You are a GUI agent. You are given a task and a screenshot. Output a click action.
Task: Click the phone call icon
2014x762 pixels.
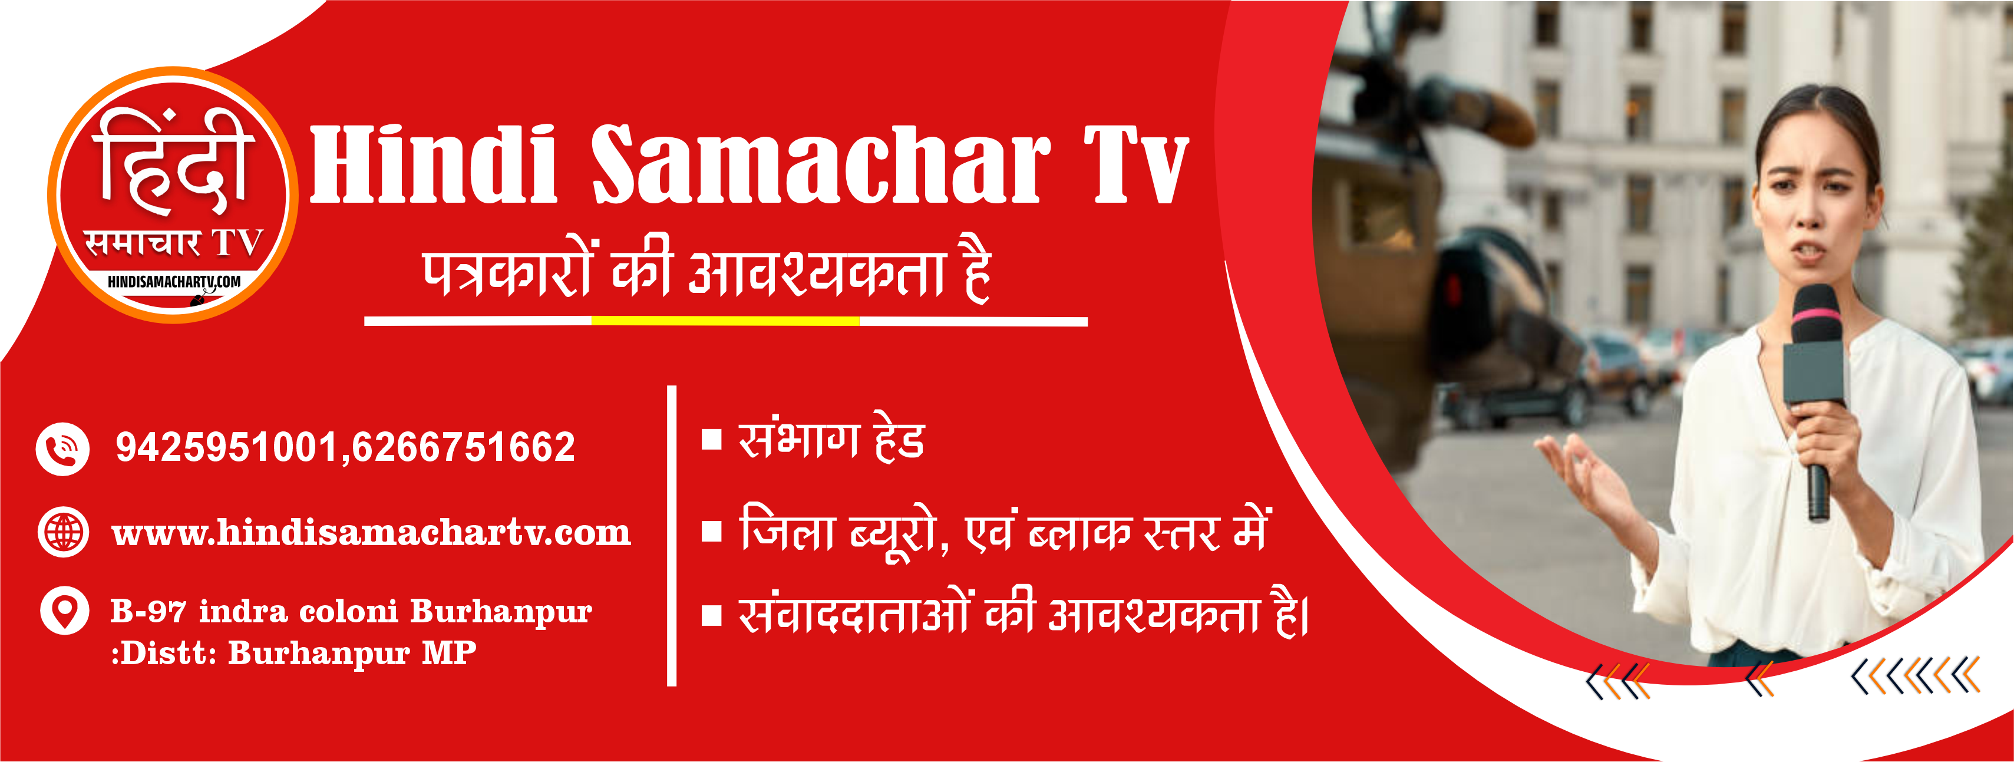(x=63, y=449)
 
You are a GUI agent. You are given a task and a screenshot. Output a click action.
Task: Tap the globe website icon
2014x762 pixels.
(x=63, y=533)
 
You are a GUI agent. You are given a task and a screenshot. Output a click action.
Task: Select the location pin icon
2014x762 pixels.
(x=64, y=610)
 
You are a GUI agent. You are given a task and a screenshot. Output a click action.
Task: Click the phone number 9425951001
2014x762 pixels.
(x=226, y=447)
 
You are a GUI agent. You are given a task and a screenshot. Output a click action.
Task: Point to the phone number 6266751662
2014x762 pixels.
(x=464, y=447)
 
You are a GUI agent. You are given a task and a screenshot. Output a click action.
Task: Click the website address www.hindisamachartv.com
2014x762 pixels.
(x=371, y=533)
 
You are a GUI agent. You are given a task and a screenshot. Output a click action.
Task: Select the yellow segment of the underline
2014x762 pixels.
(x=725, y=321)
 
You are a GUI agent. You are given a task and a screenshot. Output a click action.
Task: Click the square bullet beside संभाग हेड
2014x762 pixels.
(x=711, y=440)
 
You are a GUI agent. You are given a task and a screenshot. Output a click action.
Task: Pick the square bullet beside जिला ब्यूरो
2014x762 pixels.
(x=711, y=532)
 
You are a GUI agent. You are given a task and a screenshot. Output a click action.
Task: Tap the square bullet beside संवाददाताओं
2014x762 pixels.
(x=711, y=616)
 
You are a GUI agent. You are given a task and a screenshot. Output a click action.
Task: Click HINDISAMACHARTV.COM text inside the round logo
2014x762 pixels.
(x=174, y=282)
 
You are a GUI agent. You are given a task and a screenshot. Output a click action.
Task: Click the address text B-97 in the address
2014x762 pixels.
(x=148, y=611)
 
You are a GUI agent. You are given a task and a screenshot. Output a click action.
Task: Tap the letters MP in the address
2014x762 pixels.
(x=449, y=652)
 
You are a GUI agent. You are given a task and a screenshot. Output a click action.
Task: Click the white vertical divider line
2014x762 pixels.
(x=672, y=536)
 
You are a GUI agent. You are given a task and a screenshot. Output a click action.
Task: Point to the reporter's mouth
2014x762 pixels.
(x=1808, y=251)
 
